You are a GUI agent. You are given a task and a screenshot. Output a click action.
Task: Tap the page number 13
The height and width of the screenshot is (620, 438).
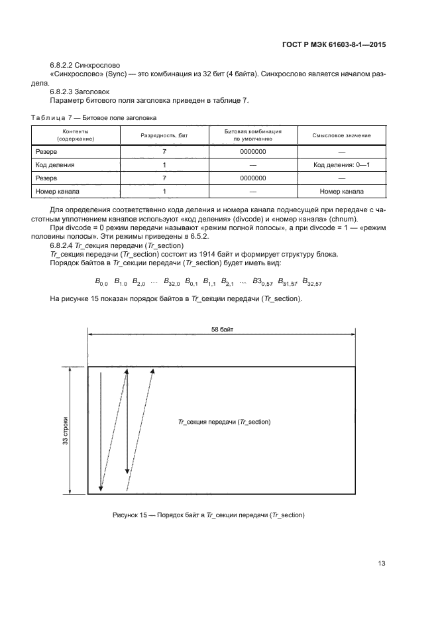[381, 564]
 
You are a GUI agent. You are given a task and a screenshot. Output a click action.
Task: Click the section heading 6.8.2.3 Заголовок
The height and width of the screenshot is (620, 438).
[80, 92]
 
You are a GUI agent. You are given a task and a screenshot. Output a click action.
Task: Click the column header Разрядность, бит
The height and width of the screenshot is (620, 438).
[163, 135]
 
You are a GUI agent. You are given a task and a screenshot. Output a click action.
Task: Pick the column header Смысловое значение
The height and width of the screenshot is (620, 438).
[341, 135]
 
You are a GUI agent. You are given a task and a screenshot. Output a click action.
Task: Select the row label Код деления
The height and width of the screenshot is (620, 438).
[55, 164]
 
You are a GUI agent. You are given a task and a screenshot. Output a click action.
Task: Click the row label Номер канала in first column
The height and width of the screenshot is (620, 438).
[58, 192]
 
